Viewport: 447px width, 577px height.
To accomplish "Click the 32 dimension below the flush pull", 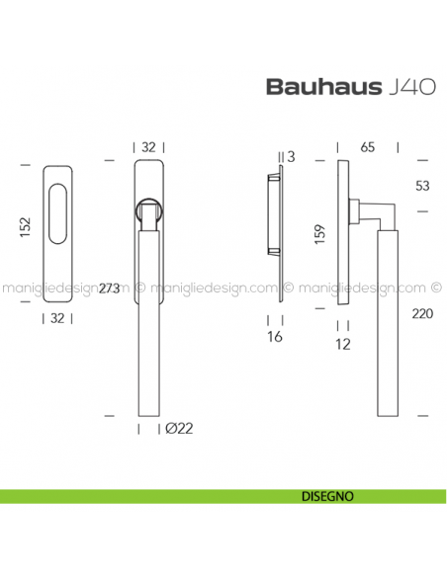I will click(x=57, y=318).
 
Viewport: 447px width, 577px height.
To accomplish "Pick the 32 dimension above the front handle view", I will click(x=149, y=147).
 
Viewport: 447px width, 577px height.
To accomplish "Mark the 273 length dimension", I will click(x=111, y=289).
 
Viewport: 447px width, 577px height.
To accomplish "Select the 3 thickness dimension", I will click(x=290, y=156).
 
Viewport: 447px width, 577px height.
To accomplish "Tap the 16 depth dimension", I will click(x=276, y=337).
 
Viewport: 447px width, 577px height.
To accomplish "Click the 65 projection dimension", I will click(x=367, y=147).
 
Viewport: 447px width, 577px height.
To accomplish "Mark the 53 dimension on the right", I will click(x=423, y=185).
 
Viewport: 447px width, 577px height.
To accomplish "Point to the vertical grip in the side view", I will click(x=387, y=316).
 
